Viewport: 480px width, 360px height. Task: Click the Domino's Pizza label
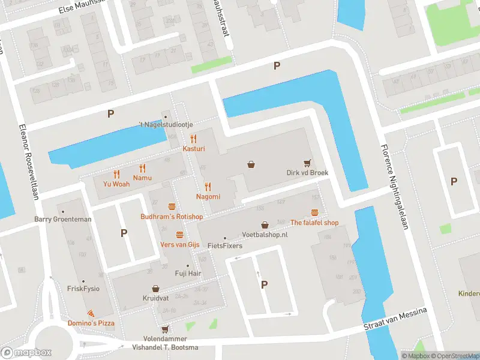point(91,323)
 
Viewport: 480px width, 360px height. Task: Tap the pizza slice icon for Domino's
point(91,314)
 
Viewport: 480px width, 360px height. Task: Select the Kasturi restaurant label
point(194,148)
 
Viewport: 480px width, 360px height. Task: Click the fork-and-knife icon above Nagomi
point(208,187)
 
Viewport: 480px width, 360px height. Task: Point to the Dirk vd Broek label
point(307,172)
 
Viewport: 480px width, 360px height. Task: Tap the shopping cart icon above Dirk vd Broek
point(307,162)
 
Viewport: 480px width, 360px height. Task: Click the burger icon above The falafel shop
point(314,212)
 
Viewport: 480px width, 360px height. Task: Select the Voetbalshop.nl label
point(265,235)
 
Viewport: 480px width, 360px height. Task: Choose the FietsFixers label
point(224,245)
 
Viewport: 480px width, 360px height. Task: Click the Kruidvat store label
point(155,298)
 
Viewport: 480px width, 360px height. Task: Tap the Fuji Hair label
point(187,274)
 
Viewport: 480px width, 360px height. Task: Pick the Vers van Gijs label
point(179,244)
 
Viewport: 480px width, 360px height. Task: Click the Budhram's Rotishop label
point(172,217)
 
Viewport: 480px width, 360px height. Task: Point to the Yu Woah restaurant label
point(116,184)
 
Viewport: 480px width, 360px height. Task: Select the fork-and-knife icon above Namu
point(142,168)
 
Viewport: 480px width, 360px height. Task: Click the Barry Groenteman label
point(63,219)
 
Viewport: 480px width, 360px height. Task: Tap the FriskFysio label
point(83,288)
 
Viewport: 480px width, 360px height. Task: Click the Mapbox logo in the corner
point(26,353)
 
